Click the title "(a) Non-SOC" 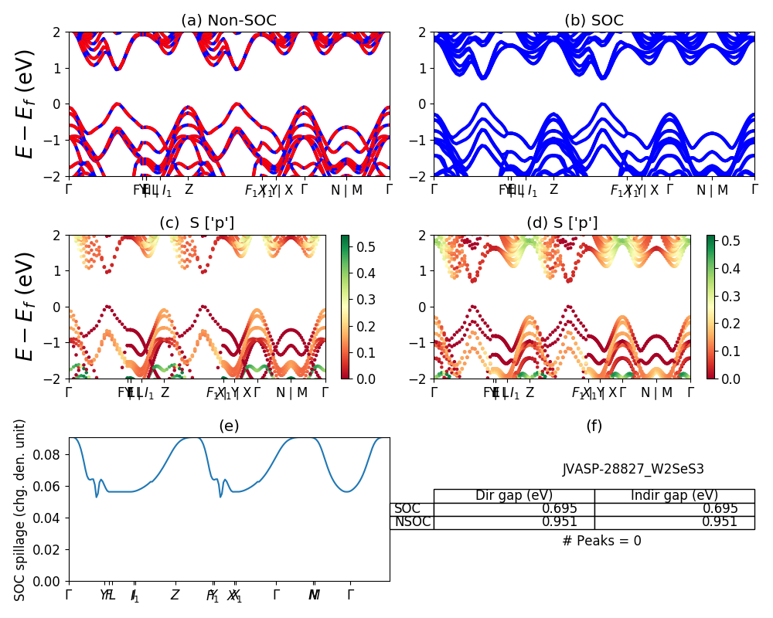(x=229, y=21)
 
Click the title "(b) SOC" (x=594, y=21)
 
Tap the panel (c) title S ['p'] (x=196, y=223)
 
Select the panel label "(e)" (x=229, y=426)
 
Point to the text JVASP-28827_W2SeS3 (x=633, y=469)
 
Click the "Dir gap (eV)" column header (x=514, y=496)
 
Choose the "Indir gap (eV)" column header (x=674, y=496)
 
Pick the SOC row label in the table (x=407, y=509)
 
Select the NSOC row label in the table (x=411, y=522)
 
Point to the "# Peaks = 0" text (x=601, y=541)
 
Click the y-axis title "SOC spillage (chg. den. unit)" (x=21, y=510)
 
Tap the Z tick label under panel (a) (x=189, y=190)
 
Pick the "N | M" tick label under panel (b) (x=713, y=190)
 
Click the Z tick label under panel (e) (x=175, y=596)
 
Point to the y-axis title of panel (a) (x=26, y=104)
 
